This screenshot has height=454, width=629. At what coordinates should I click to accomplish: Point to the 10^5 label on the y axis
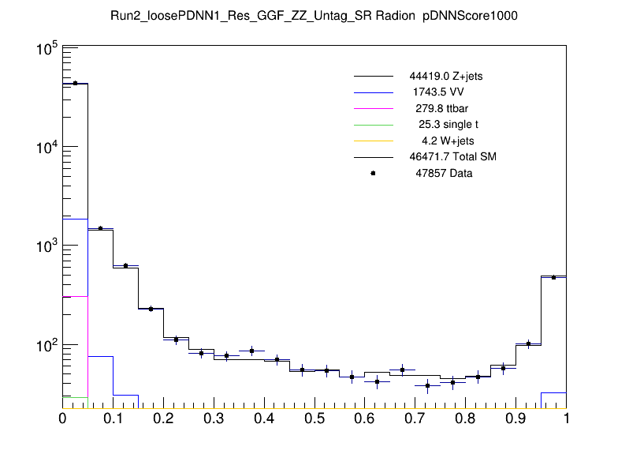point(43,50)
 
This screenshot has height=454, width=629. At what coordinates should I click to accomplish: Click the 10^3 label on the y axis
point(43,247)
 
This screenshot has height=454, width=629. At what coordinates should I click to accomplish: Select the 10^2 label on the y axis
point(43,346)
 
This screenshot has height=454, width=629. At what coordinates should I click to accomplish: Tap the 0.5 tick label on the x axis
point(314,418)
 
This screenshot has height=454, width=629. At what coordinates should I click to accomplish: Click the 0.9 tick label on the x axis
point(515,418)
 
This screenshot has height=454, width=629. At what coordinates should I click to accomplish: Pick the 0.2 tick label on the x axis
point(163,418)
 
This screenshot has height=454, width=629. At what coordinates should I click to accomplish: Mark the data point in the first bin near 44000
point(75,83)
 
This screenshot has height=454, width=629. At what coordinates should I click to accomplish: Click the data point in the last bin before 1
point(553,277)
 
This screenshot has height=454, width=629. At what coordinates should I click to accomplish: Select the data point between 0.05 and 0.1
point(100,228)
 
